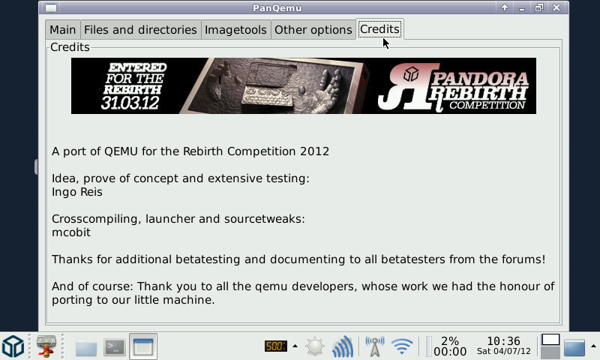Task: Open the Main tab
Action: pos(63,29)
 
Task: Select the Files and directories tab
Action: pos(140,29)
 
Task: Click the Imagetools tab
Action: pos(235,29)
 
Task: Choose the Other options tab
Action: pos(313,29)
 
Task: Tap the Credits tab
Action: pos(380,29)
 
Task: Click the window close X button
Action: pos(556,7)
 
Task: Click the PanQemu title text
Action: pos(277,8)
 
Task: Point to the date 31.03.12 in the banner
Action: pos(130,103)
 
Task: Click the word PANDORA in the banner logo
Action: pos(480,79)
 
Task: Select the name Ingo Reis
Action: pos(77,192)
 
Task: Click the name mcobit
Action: pos(71,232)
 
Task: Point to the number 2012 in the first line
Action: pos(314,151)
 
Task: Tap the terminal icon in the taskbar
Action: pos(115,347)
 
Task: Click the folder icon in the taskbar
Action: pos(86,347)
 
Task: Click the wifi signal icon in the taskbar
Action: pos(402,346)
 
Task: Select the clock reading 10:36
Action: pos(503,340)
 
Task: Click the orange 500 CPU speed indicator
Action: pos(275,346)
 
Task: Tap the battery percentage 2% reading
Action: pos(450,340)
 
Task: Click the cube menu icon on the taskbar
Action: pos(13,346)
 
